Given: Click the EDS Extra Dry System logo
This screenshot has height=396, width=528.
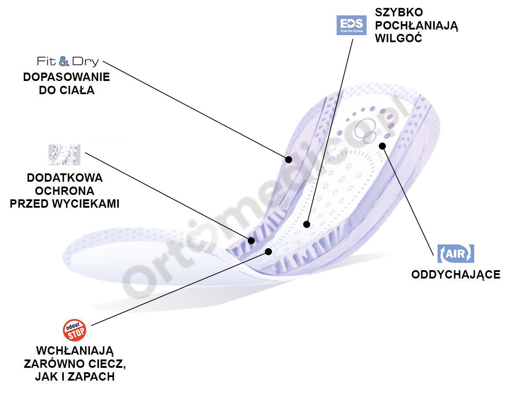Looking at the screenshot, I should tap(351, 25).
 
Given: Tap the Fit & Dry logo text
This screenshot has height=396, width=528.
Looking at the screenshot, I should tap(68, 62).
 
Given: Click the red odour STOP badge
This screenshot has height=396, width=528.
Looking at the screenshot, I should tap(74, 330).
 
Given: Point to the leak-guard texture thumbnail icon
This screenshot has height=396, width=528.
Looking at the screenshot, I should tap(64, 154).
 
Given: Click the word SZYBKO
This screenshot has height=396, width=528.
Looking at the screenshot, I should tap(399, 12).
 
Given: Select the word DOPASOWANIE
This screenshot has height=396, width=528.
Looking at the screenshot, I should tap(66, 77).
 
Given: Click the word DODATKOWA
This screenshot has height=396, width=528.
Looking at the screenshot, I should tap(65, 178).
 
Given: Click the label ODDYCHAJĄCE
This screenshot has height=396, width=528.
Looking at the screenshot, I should tap(455, 275).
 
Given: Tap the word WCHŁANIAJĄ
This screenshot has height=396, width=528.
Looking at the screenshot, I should tap(75, 351).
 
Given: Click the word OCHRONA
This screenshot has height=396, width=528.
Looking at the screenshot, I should tap(65, 191).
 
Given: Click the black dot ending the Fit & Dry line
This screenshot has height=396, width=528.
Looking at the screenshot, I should tap(289, 159).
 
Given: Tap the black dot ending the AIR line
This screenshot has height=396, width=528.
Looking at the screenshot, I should tap(382, 146).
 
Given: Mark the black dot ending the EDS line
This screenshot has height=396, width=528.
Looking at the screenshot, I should tap(307, 224).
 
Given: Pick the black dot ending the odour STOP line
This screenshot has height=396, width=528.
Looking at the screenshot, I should tap(268, 252).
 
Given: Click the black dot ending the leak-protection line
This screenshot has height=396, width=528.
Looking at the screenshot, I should tap(251, 240).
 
